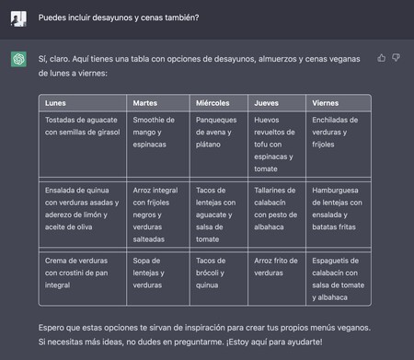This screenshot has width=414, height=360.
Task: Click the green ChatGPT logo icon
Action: click(x=17, y=59)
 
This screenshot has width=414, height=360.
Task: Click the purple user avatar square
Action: click(x=17, y=17)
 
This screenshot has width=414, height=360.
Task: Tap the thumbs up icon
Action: click(x=382, y=58)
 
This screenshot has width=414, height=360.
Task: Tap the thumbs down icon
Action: click(x=397, y=58)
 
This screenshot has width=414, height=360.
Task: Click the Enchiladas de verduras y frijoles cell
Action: click(x=339, y=133)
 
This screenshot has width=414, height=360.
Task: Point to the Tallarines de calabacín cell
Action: click(x=277, y=202)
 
